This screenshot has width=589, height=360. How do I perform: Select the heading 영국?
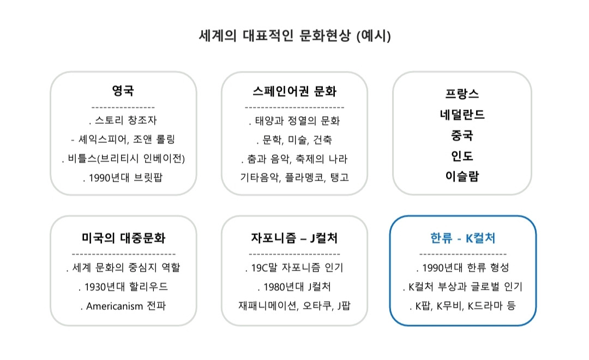[x=123, y=90]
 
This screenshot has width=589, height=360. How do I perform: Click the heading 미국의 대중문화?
[x=123, y=238]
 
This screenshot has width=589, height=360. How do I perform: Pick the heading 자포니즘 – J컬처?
[x=294, y=238]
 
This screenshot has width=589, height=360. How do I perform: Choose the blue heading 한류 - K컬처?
[x=462, y=238]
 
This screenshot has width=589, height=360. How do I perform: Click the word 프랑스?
[x=462, y=93]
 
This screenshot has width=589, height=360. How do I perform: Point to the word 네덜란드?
[x=462, y=115]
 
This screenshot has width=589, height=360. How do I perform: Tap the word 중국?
[x=462, y=135]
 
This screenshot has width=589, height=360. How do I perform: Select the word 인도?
[x=462, y=156]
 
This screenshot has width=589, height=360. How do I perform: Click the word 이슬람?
[x=462, y=177]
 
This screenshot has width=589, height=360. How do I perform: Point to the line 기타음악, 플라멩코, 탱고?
[x=294, y=178]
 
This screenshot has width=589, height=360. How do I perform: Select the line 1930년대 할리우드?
[x=125, y=287]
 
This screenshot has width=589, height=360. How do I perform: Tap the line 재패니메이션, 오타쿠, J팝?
[x=294, y=306]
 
